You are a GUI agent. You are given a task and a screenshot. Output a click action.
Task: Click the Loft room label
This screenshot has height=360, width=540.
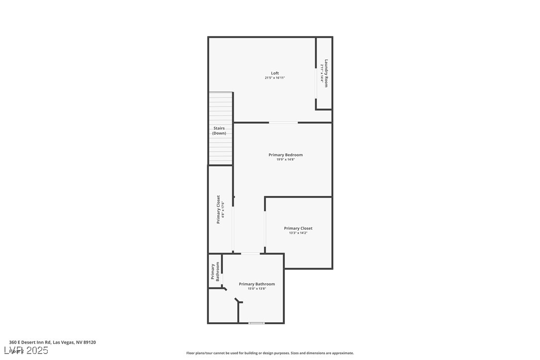[275, 73]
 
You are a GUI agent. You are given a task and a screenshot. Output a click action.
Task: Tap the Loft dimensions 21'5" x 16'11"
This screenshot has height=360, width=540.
[275, 78]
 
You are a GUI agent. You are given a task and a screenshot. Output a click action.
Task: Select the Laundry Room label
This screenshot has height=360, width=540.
[326, 74]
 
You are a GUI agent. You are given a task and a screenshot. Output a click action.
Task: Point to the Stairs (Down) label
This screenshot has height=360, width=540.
[219, 131]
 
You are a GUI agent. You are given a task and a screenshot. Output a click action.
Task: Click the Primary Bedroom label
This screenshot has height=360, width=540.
[285, 155]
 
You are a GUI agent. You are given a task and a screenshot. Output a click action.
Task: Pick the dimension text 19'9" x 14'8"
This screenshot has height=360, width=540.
[285, 160]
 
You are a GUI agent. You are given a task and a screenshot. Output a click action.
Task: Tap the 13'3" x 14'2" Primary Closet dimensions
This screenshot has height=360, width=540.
[298, 233]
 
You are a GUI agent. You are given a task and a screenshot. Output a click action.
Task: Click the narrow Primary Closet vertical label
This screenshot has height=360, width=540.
[218, 209]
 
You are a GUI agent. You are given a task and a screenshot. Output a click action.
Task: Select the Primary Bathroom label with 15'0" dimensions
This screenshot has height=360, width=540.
[257, 284]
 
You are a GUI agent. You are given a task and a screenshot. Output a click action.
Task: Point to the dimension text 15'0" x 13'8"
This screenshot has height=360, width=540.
[257, 289]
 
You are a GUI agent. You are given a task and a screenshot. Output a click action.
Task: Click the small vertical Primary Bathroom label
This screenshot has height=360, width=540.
[215, 271]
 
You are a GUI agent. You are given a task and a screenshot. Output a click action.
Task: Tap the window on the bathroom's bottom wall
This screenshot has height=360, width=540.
[257, 323]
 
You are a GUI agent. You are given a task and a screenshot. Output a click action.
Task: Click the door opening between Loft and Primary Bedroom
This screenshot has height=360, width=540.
[283, 122]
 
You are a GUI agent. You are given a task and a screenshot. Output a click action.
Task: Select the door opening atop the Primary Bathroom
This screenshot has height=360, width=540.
[250, 254]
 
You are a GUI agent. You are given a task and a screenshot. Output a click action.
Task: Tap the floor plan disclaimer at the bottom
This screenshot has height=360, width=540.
[270, 353]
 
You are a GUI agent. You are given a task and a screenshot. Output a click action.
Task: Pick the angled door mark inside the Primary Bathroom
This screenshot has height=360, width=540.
[239, 300]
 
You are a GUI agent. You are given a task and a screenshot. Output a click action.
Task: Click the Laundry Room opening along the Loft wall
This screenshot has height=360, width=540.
[316, 83]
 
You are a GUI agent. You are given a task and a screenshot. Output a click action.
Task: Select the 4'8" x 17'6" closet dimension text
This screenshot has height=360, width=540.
[223, 210]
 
